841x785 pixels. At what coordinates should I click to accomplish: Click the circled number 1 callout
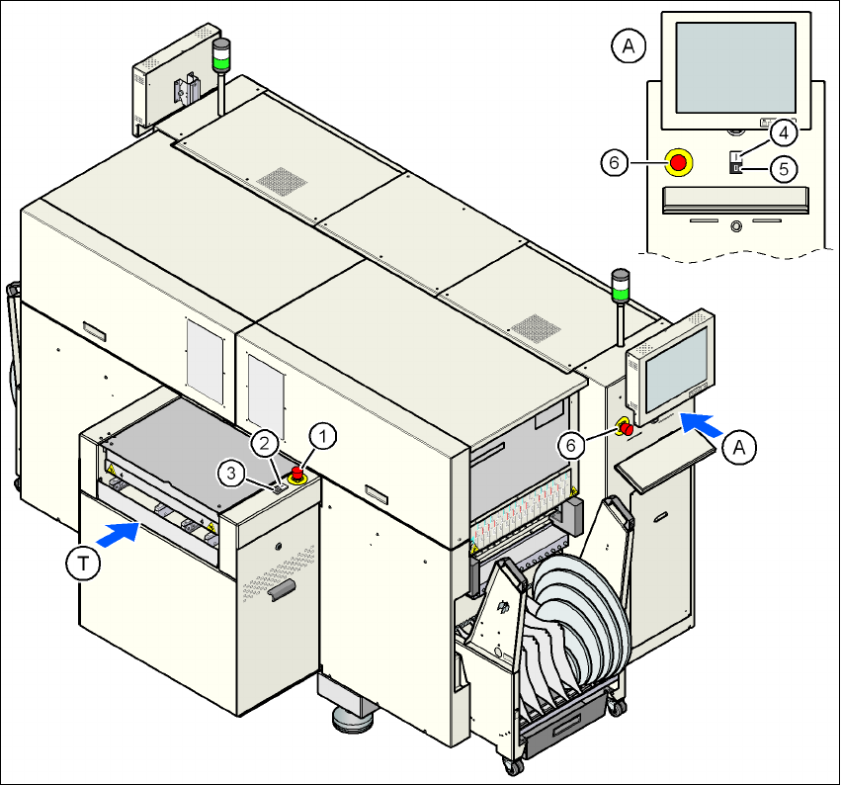323,433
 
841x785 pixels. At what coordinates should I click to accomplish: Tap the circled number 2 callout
265,444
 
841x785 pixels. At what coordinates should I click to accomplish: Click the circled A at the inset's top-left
630,44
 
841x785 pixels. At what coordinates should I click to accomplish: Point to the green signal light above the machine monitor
621,292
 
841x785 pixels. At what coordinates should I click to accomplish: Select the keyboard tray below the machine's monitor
665,463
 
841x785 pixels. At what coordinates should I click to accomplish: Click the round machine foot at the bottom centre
351,718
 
